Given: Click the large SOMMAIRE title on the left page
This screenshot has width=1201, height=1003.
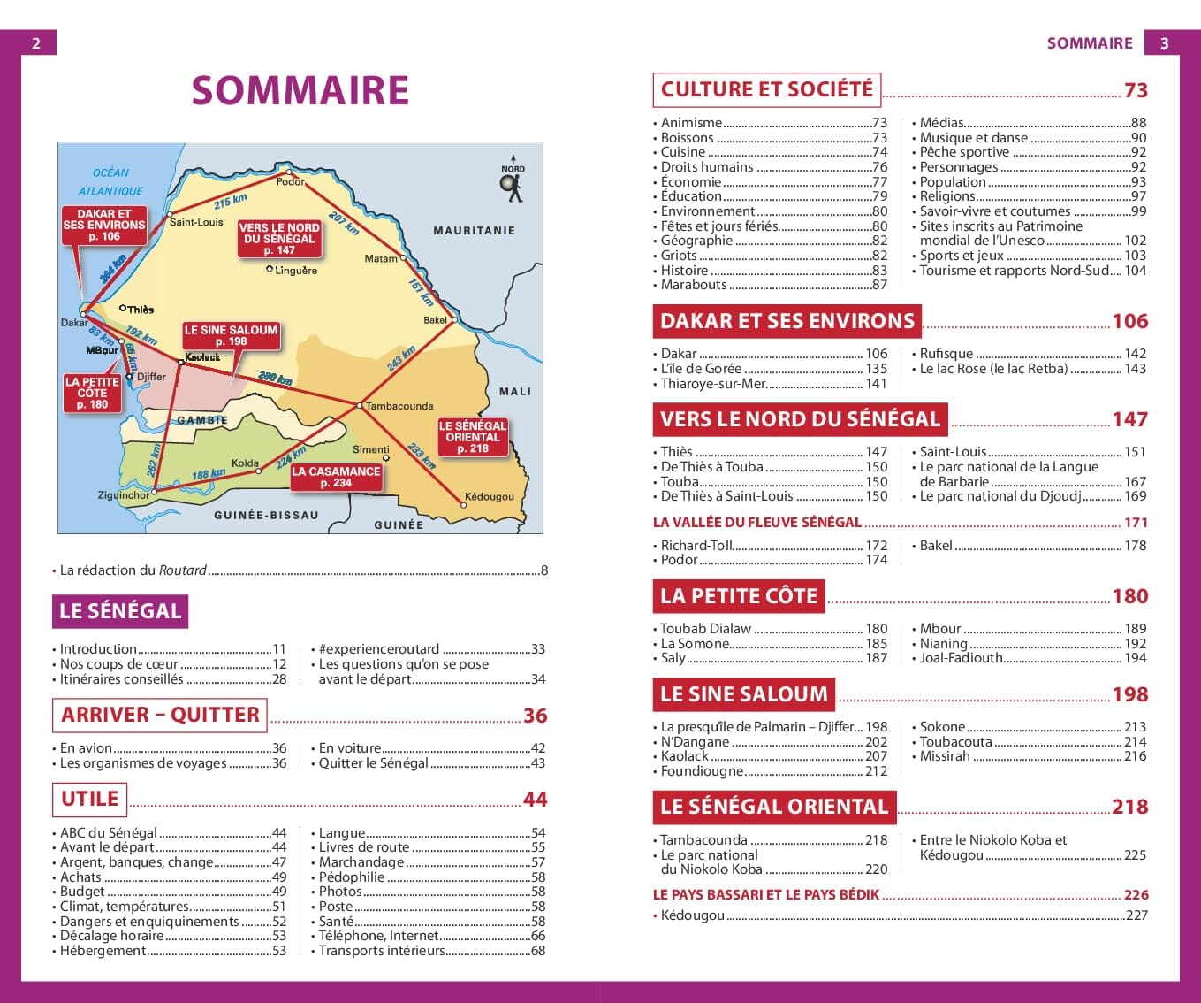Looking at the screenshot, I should click(300, 91).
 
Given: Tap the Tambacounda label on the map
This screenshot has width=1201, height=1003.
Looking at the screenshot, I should click(399, 406).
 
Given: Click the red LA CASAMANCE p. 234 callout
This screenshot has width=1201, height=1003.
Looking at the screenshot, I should click(336, 477).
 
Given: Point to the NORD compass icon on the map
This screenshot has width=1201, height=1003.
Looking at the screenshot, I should click(512, 183).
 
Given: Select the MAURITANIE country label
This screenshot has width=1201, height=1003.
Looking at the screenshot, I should click(474, 230).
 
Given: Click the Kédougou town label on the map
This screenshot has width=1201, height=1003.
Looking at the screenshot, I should click(489, 496).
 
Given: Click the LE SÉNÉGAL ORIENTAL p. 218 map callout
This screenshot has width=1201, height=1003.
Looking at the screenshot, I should click(472, 437).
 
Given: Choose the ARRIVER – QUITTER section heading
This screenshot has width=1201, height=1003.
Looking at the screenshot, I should click(160, 715).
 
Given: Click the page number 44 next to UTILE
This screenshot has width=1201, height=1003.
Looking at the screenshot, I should click(535, 800).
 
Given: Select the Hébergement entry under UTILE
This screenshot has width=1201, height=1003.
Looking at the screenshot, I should click(103, 951).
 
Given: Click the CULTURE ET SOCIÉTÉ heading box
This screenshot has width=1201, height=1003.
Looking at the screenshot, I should click(766, 89).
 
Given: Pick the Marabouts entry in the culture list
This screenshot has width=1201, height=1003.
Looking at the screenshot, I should click(694, 285).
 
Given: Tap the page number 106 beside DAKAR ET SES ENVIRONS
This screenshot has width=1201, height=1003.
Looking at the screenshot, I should click(1129, 321).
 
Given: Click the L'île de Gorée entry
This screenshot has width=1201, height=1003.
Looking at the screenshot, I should click(701, 369).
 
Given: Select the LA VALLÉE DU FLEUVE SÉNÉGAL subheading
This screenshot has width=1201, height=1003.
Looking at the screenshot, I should click(756, 523).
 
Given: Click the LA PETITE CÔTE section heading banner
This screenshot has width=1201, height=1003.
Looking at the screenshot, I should click(739, 596).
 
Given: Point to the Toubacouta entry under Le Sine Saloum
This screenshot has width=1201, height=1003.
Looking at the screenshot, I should click(955, 742).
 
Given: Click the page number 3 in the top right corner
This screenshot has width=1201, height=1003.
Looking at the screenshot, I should click(1164, 42).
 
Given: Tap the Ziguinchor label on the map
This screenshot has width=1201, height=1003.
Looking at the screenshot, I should click(124, 495).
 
